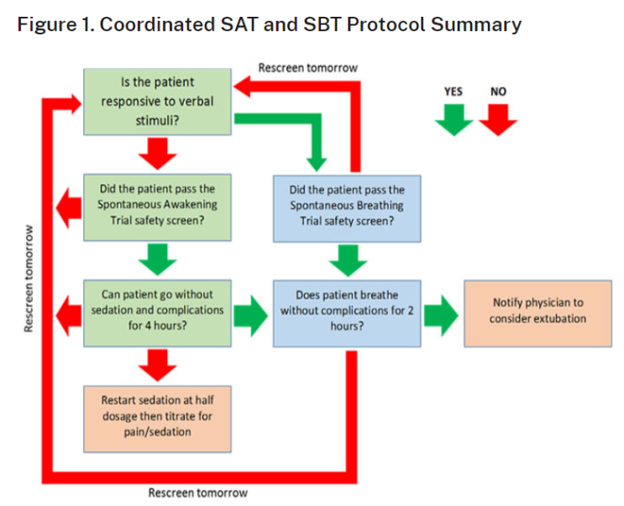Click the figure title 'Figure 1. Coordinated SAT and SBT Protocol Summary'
[x=269, y=23]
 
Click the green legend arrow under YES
[x=454, y=120]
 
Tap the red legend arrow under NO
[x=498, y=120]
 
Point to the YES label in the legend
[x=454, y=91]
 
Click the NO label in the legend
[x=498, y=91]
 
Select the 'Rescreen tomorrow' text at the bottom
[x=197, y=493]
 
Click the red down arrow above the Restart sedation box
[x=157, y=363]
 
